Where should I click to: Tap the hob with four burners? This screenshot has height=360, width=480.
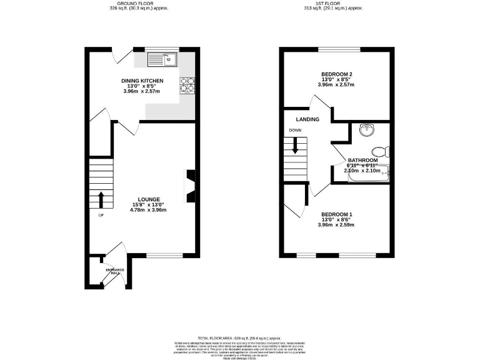[x=187, y=85]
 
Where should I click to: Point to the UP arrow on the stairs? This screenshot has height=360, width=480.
[x=101, y=199]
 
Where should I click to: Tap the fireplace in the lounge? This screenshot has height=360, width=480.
[x=188, y=187]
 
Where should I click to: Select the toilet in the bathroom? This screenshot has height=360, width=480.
[x=379, y=151]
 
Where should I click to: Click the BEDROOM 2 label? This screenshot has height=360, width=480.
[x=336, y=74]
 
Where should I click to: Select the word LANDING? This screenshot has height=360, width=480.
[x=307, y=119]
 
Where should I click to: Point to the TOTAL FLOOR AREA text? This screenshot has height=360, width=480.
[x=240, y=337]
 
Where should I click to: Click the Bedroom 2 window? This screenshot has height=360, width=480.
[x=336, y=49]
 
